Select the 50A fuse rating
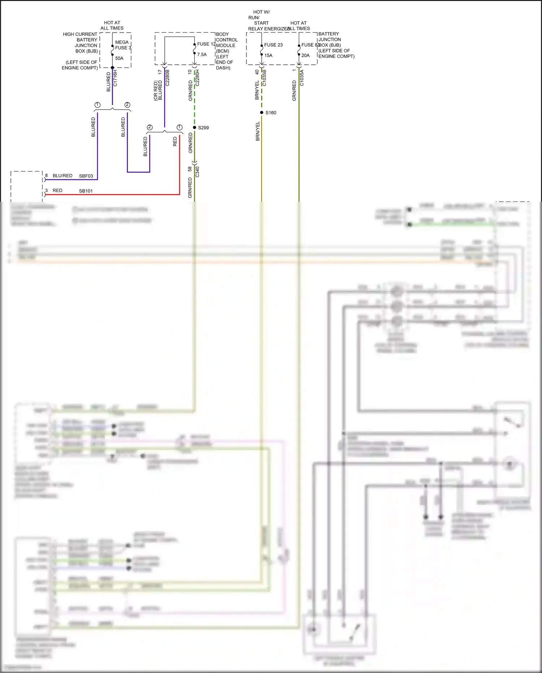click(x=119, y=58)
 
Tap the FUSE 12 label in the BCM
click(x=206, y=44)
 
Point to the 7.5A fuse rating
click(x=202, y=55)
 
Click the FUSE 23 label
click(x=273, y=45)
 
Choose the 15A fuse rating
click(x=268, y=55)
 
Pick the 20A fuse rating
click(x=305, y=55)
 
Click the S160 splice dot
click(x=262, y=112)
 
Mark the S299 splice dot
click(x=194, y=127)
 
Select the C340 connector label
click(x=197, y=171)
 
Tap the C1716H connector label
click(x=115, y=78)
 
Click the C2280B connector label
click(x=167, y=78)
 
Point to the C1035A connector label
click(x=302, y=78)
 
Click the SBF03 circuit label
click(x=86, y=176)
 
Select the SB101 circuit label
click(x=86, y=191)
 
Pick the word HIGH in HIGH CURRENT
click(x=69, y=34)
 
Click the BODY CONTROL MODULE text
click(x=227, y=40)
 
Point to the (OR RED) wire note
click(x=156, y=91)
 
